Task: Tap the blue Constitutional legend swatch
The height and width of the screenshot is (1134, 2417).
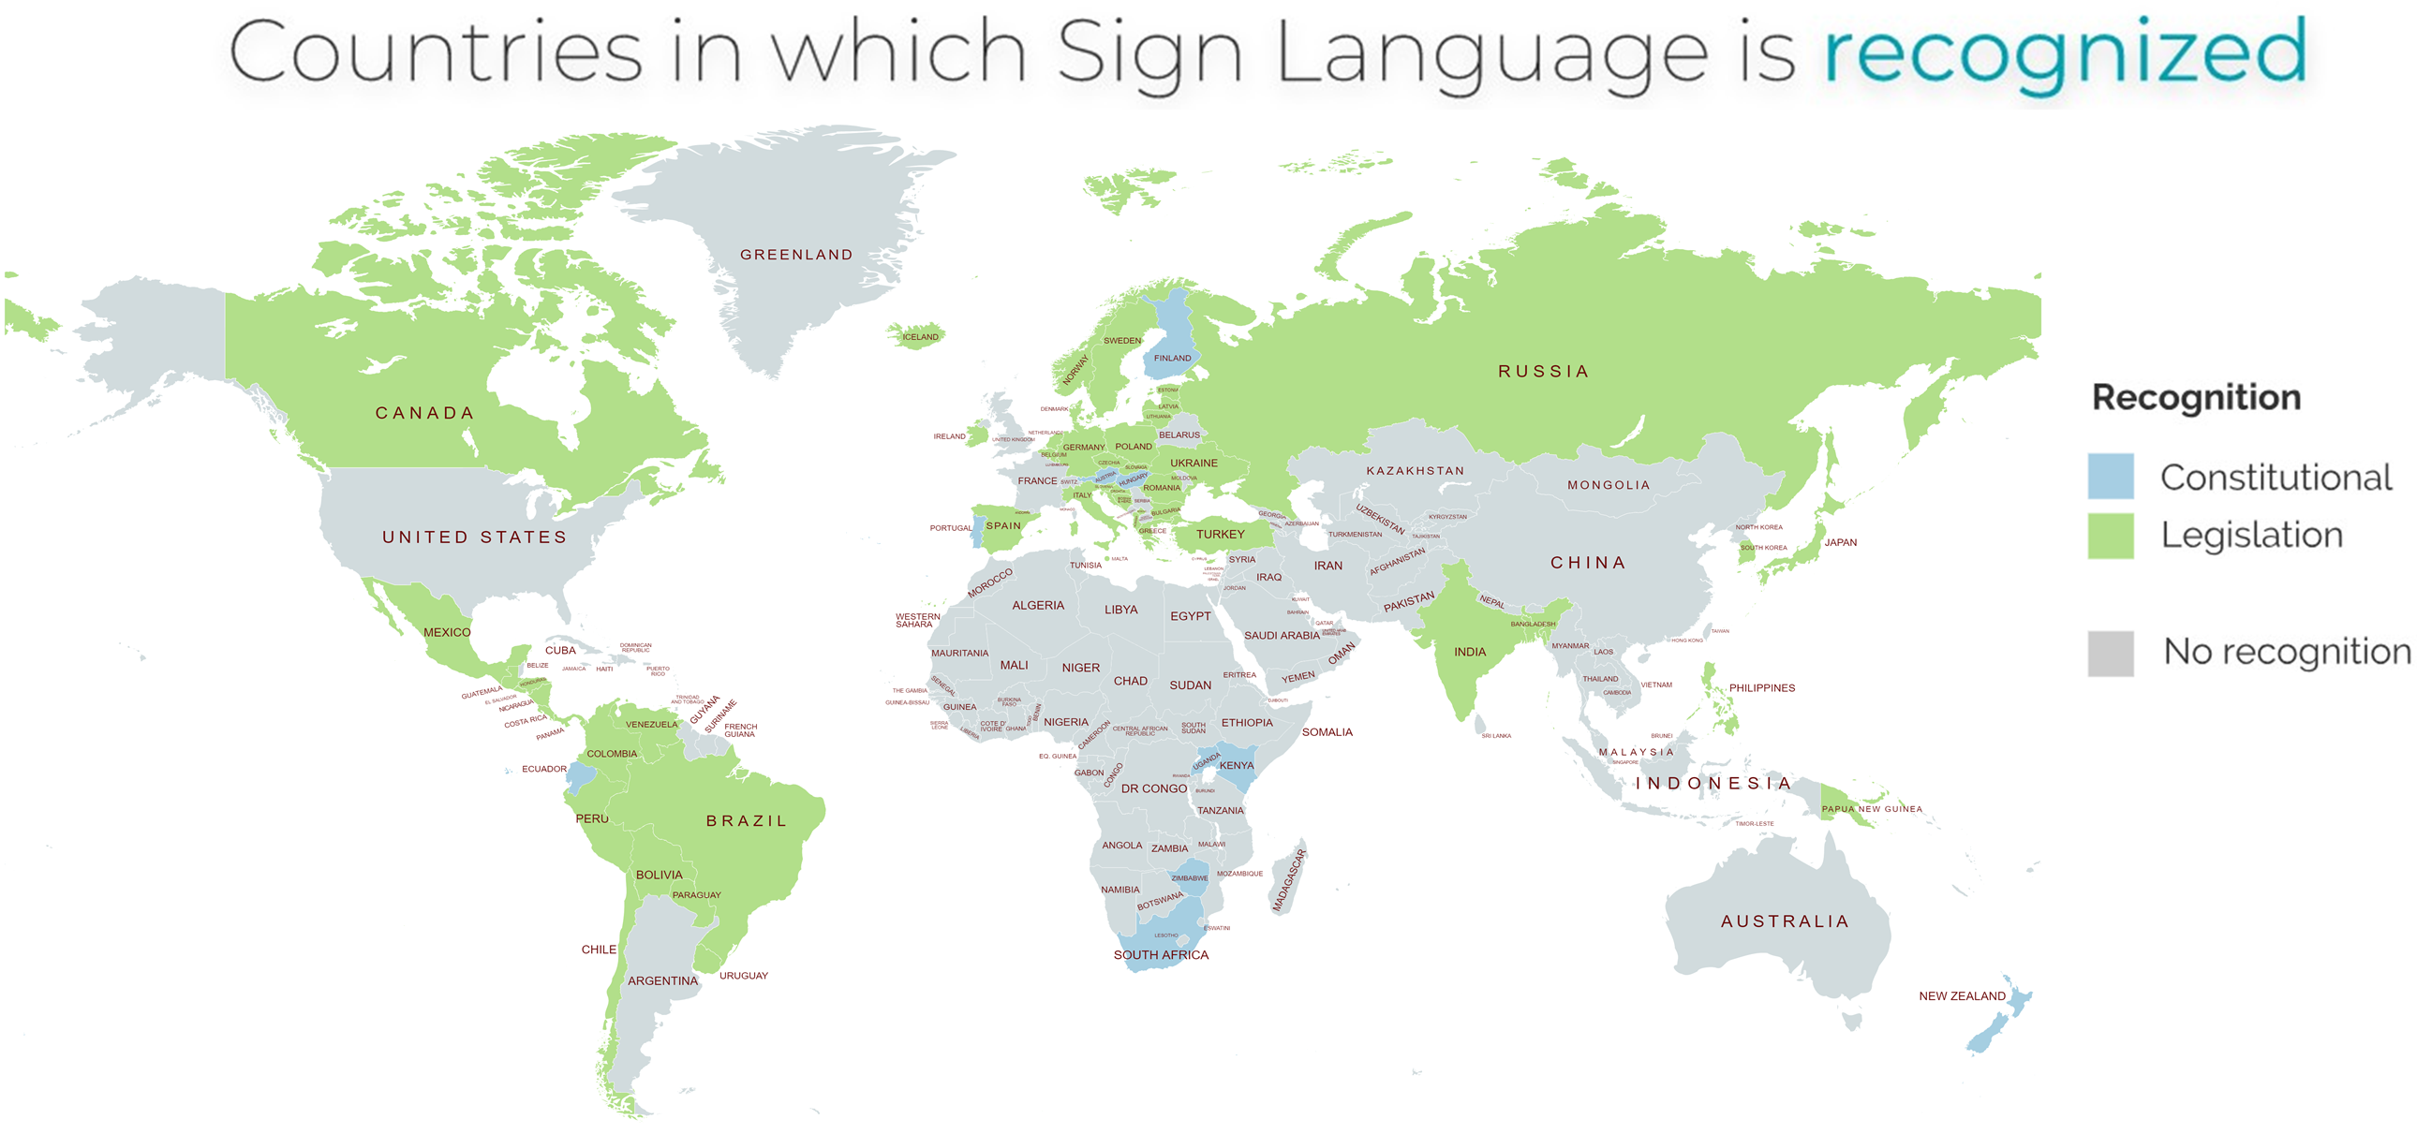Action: pyautogui.click(x=2110, y=477)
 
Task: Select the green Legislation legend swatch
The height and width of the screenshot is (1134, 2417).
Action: pyautogui.click(x=2110, y=536)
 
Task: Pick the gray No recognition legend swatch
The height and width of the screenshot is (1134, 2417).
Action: pyautogui.click(x=2110, y=653)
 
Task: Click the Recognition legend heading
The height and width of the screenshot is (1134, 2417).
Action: pyautogui.click(x=2196, y=398)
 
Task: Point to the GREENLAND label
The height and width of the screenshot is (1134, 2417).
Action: pyautogui.click(x=796, y=255)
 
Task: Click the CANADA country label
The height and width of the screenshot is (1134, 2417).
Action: pyautogui.click(x=424, y=414)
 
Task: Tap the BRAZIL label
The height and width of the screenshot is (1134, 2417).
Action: pyautogui.click(x=746, y=820)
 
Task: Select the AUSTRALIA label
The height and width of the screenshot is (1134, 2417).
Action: pyautogui.click(x=1785, y=922)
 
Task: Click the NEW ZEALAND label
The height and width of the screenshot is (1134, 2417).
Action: pyautogui.click(x=1962, y=996)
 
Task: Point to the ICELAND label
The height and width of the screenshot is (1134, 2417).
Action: pyautogui.click(x=921, y=337)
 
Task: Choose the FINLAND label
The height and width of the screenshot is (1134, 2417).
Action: pyautogui.click(x=1172, y=359)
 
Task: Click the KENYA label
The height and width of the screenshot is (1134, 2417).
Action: pyautogui.click(x=1236, y=765)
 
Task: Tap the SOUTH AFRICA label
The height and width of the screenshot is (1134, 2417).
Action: pyautogui.click(x=1161, y=955)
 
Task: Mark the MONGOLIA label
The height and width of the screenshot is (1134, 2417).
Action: pyautogui.click(x=1609, y=485)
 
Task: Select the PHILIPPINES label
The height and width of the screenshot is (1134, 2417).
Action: pyautogui.click(x=1761, y=688)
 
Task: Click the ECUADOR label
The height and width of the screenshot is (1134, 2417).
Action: pyautogui.click(x=544, y=769)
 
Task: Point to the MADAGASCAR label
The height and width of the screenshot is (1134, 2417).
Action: pyautogui.click(x=1288, y=880)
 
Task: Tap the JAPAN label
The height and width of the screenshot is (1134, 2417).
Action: pyautogui.click(x=1840, y=542)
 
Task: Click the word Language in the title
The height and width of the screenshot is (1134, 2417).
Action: pyautogui.click(x=1491, y=53)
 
